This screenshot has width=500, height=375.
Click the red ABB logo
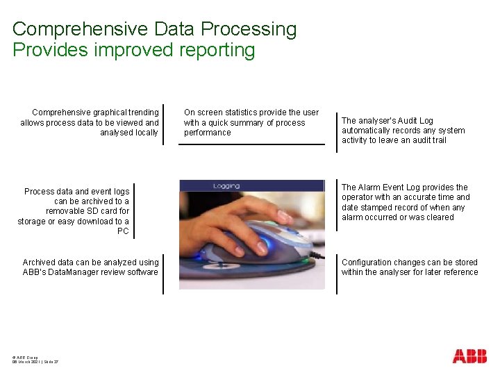pyautogui.click(x=469, y=356)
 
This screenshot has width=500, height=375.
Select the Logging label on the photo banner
pyautogui.click(x=226, y=186)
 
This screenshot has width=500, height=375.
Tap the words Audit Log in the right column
pyautogui.click(x=417, y=120)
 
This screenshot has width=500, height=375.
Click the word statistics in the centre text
pyautogui.click(x=241, y=112)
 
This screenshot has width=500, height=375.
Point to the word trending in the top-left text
pyautogui.click(x=142, y=112)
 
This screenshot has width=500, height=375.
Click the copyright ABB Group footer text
pyautogui.click(x=25, y=356)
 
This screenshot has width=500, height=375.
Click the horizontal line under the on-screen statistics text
pyautogui.click(x=251, y=144)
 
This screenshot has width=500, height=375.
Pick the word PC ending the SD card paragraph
pyautogui.click(x=123, y=231)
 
